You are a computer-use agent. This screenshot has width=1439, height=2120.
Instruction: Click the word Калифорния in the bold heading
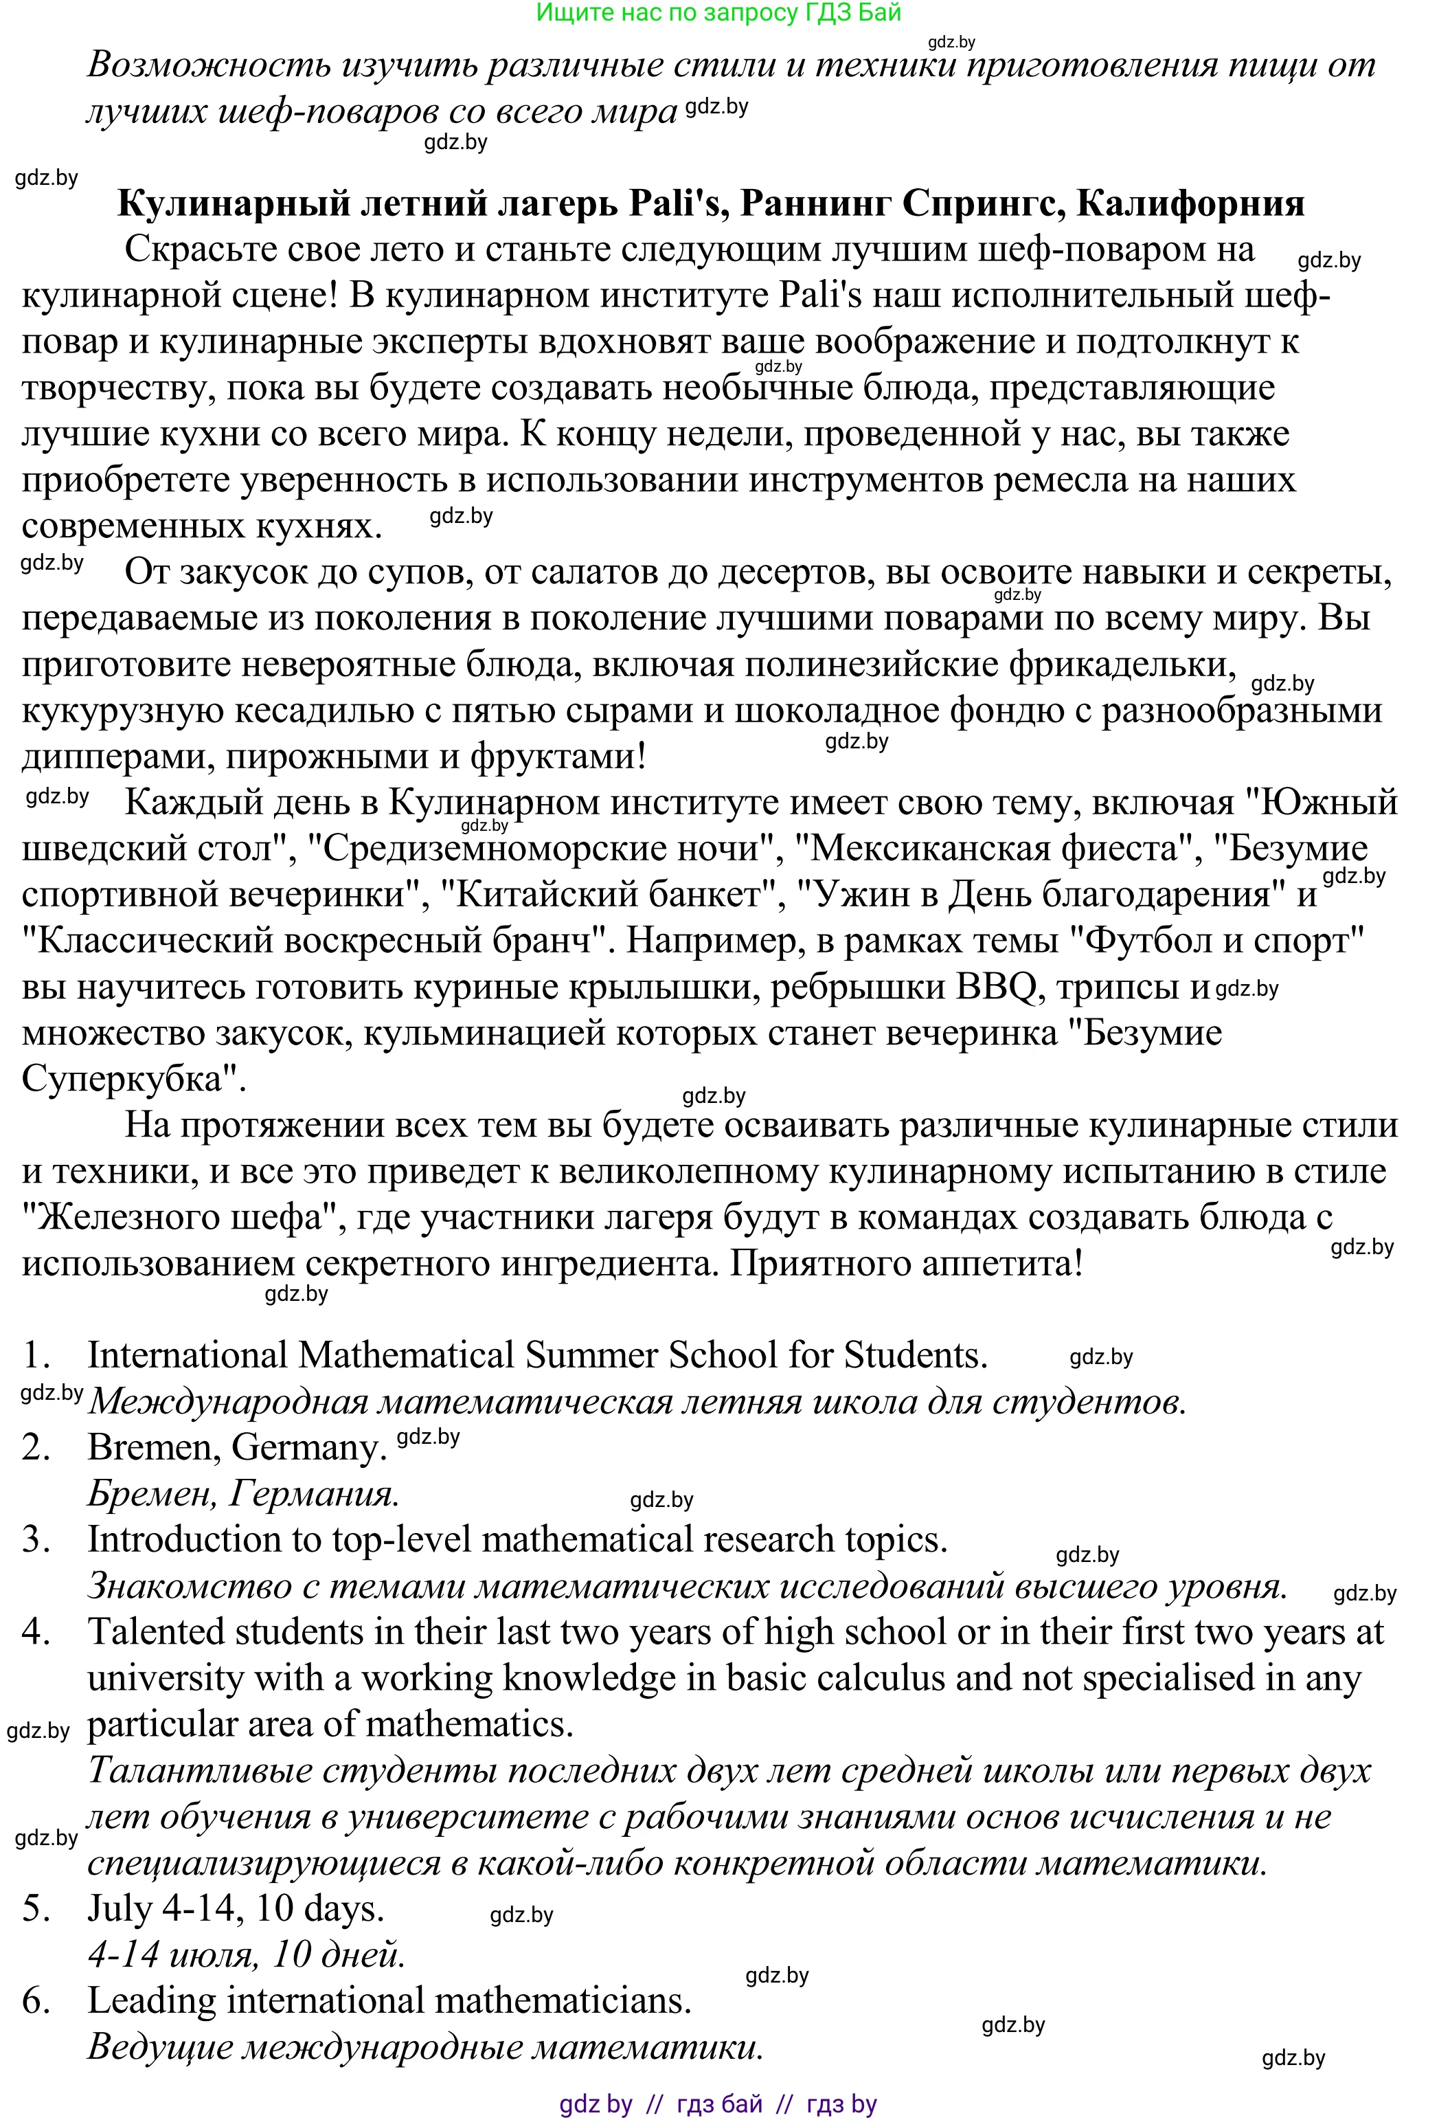pos(1190,203)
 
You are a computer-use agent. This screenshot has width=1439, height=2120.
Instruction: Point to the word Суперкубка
pos(133,1079)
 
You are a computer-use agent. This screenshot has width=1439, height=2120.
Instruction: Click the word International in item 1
pos(186,1356)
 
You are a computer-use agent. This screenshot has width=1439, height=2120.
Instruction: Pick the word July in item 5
pos(119,1908)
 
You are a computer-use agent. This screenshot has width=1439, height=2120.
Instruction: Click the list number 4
pos(34,1632)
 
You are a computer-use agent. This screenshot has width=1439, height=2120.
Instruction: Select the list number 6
pos(34,2000)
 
